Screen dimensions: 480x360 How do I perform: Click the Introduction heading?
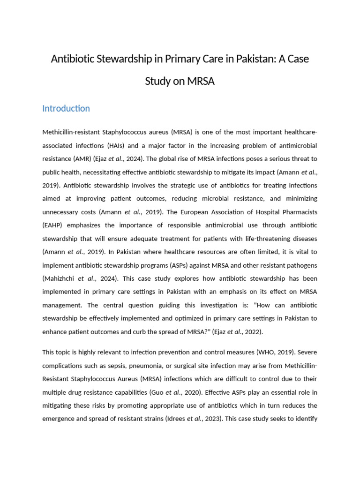[x=66, y=108]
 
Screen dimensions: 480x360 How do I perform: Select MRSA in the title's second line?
[x=201, y=81]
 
